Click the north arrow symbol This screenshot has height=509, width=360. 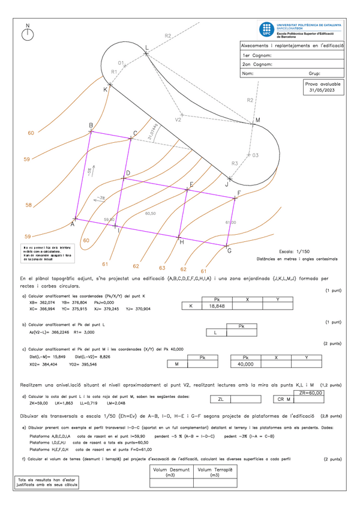pos(28,34)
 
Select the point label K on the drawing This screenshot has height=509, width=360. pos(105,89)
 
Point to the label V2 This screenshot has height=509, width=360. pos(178,120)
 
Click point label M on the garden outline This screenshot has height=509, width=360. pos(257,121)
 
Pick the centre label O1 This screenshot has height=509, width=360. pos(120,63)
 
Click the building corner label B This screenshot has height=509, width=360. pos(91,125)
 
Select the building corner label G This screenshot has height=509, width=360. pos(229,251)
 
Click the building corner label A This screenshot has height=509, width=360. pos(72,224)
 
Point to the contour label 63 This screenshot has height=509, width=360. pos(161,268)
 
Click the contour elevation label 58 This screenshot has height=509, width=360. pos(28,206)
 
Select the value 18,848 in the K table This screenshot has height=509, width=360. pos(216,306)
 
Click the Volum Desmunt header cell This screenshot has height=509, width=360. pos(170,472)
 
